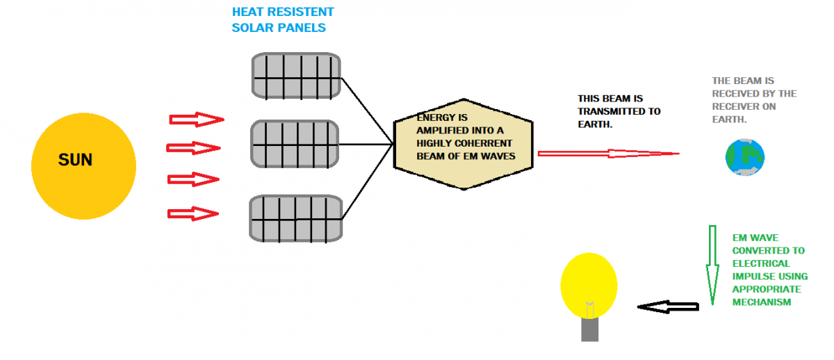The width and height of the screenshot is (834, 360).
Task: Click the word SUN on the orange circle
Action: point(75,161)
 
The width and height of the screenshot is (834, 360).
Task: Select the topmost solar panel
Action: point(295,75)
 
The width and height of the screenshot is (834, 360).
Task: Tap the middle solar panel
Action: point(295,144)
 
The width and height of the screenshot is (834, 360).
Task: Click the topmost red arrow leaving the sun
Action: point(197,120)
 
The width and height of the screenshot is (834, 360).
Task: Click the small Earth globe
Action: point(744,158)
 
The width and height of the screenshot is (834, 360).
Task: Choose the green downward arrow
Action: point(712,265)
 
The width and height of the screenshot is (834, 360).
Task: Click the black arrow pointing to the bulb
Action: point(667,306)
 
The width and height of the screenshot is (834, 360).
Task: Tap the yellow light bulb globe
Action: point(589,285)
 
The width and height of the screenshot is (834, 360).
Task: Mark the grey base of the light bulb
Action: point(589,329)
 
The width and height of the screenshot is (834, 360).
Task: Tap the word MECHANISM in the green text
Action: point(762,302)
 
